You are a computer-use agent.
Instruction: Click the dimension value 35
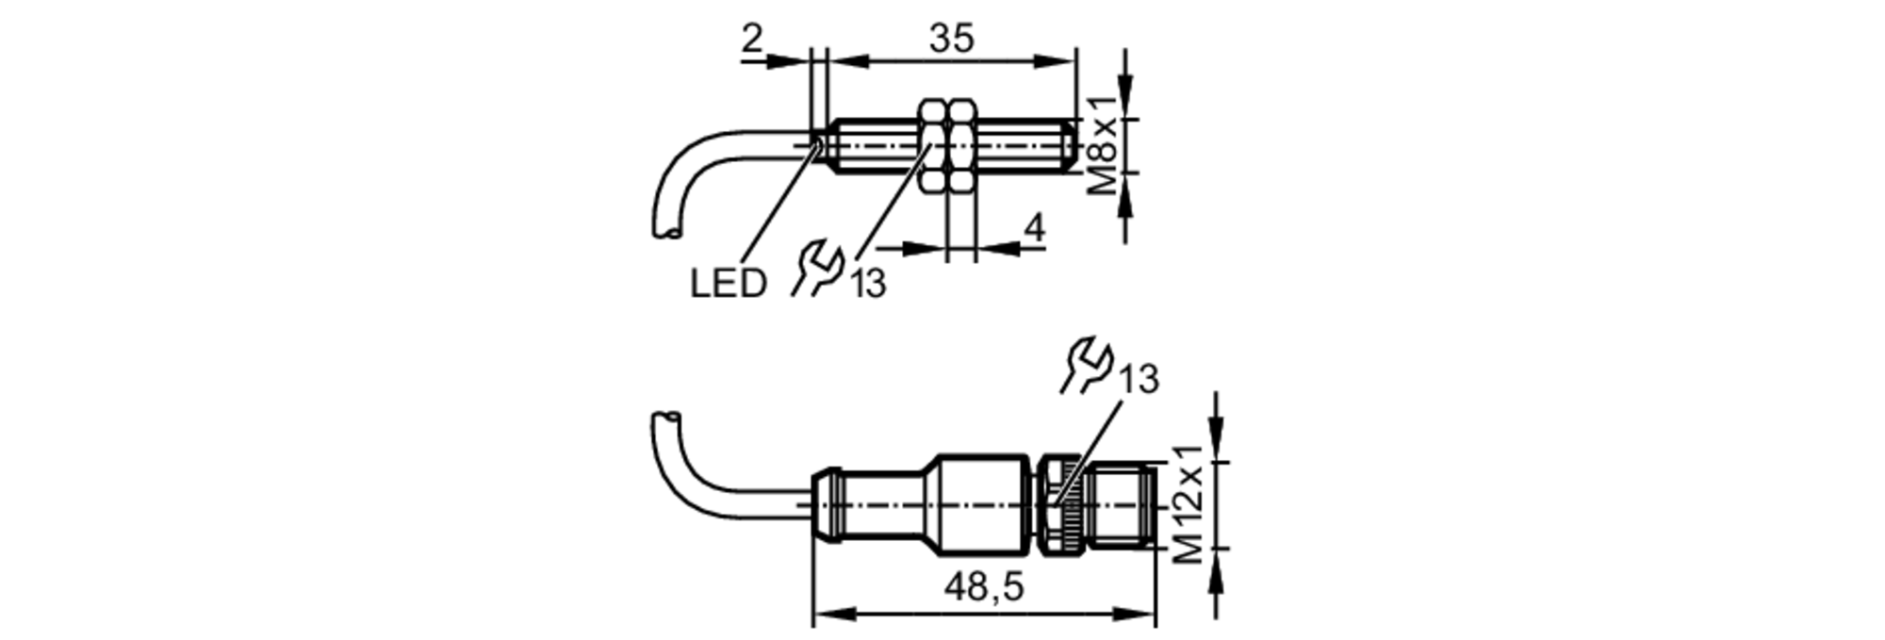(x=951, y=39)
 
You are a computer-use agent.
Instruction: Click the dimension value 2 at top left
(x=751, y=39)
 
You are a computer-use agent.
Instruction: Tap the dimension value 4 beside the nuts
(x=1034, y=228)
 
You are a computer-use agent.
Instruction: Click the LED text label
(x=728, y=284)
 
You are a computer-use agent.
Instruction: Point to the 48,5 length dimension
(x=983, y=588)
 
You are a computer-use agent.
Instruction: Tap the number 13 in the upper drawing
(x=868, y=283)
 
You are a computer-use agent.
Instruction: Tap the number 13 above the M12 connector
(x=1139, y=379)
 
